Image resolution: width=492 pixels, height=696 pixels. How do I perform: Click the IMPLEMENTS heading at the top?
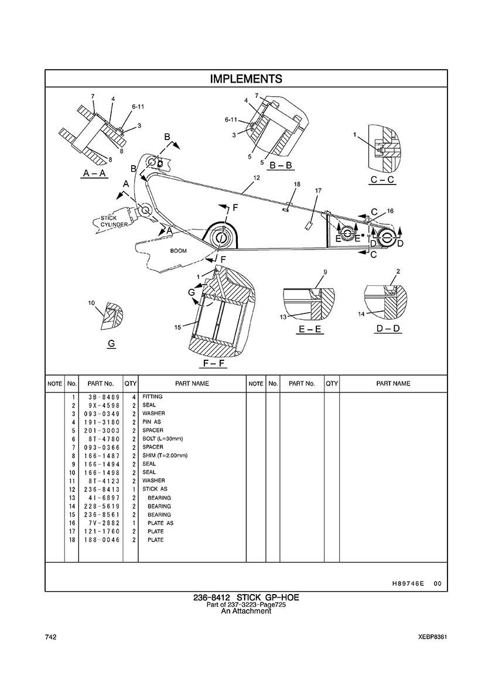point(246,79)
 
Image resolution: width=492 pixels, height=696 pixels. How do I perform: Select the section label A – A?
point(95,173)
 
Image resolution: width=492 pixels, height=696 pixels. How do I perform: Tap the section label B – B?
point(281,165)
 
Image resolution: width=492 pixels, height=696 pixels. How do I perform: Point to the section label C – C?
point(382,180)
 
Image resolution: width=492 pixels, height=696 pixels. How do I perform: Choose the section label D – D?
point(388,329)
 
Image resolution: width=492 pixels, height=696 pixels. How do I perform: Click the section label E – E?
point(310,329)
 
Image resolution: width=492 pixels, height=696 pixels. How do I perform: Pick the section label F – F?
point(214,364)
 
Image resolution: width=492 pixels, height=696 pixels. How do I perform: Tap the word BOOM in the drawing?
point(178,251)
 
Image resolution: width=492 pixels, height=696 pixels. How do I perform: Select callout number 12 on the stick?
point(257,178)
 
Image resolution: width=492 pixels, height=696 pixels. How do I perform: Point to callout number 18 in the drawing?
point(297,184)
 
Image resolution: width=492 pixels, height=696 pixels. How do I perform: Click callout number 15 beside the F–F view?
point(177,327)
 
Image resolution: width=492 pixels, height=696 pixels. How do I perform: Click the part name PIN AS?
point(152,422)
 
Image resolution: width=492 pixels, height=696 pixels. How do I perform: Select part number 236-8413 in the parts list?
point(101,489)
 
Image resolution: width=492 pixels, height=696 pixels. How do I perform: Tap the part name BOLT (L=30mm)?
point(162,439)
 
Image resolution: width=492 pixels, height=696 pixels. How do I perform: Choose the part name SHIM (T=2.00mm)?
point(165,455)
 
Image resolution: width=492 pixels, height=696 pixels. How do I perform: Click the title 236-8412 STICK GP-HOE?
point(246,598)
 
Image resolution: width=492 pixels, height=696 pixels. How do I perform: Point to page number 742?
point(50,637)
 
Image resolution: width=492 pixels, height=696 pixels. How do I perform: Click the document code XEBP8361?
point(432,637)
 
